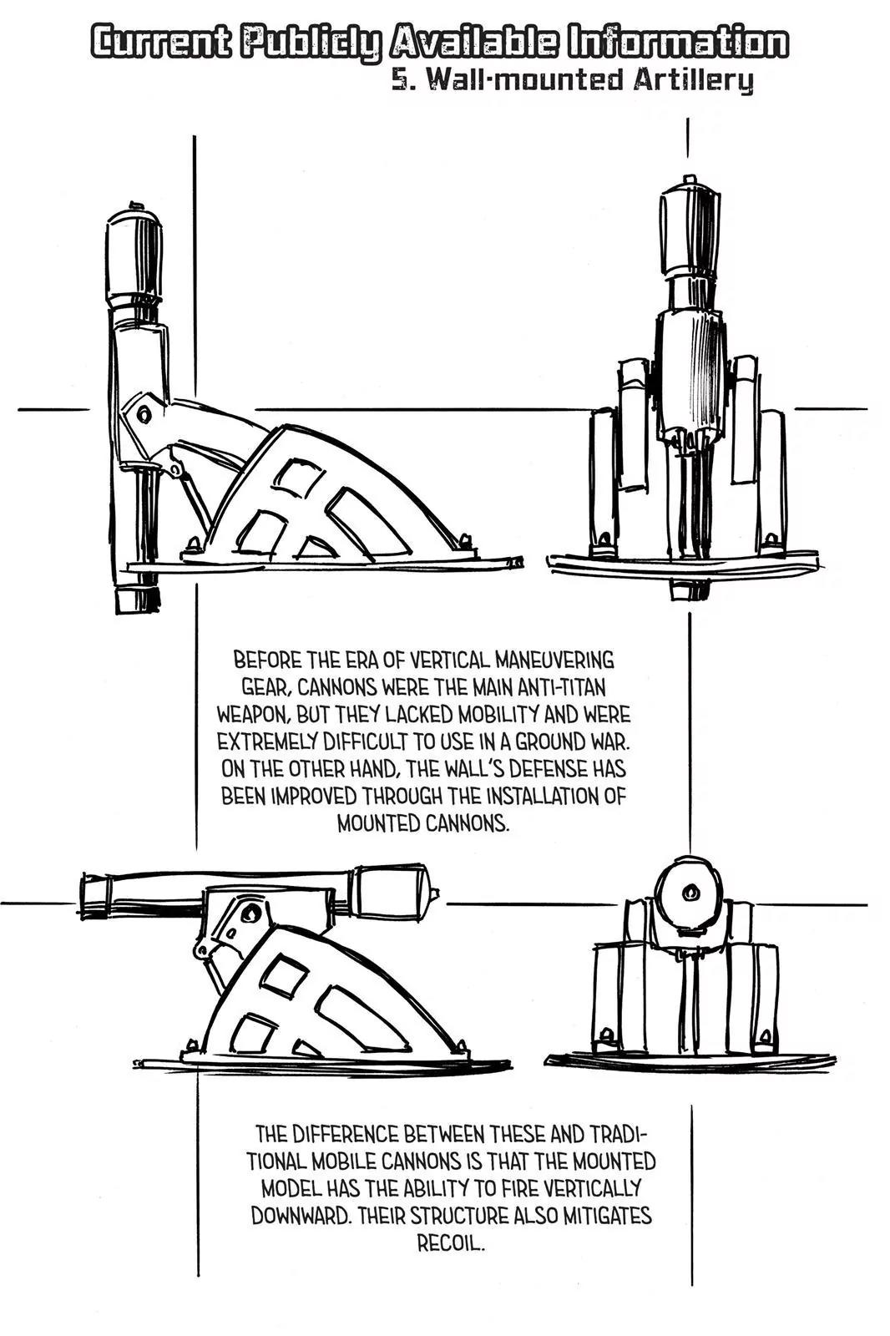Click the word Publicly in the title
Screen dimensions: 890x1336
(311, 44)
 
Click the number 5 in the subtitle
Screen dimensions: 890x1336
(400, 79)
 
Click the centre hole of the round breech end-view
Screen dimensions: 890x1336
(690, 893)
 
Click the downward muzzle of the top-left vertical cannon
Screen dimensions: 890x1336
(137, 600)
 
